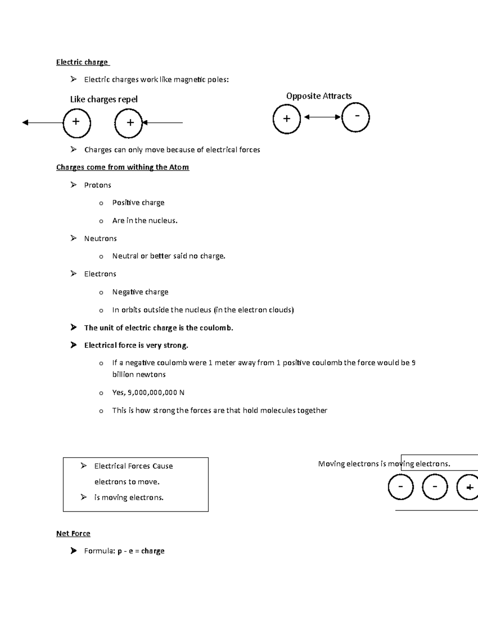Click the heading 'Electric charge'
82,62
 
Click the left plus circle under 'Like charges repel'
76,123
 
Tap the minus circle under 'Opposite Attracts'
355,117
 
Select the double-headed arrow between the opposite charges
322,117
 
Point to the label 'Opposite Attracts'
319,96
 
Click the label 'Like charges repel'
104,99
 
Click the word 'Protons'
98,185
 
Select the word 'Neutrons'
100,238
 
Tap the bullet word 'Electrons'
100,274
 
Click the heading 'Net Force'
73,533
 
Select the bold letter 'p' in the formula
119,552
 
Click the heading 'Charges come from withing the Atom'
123,167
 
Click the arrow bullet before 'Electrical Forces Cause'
83,466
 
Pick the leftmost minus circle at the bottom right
400,487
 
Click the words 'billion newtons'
139,374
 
